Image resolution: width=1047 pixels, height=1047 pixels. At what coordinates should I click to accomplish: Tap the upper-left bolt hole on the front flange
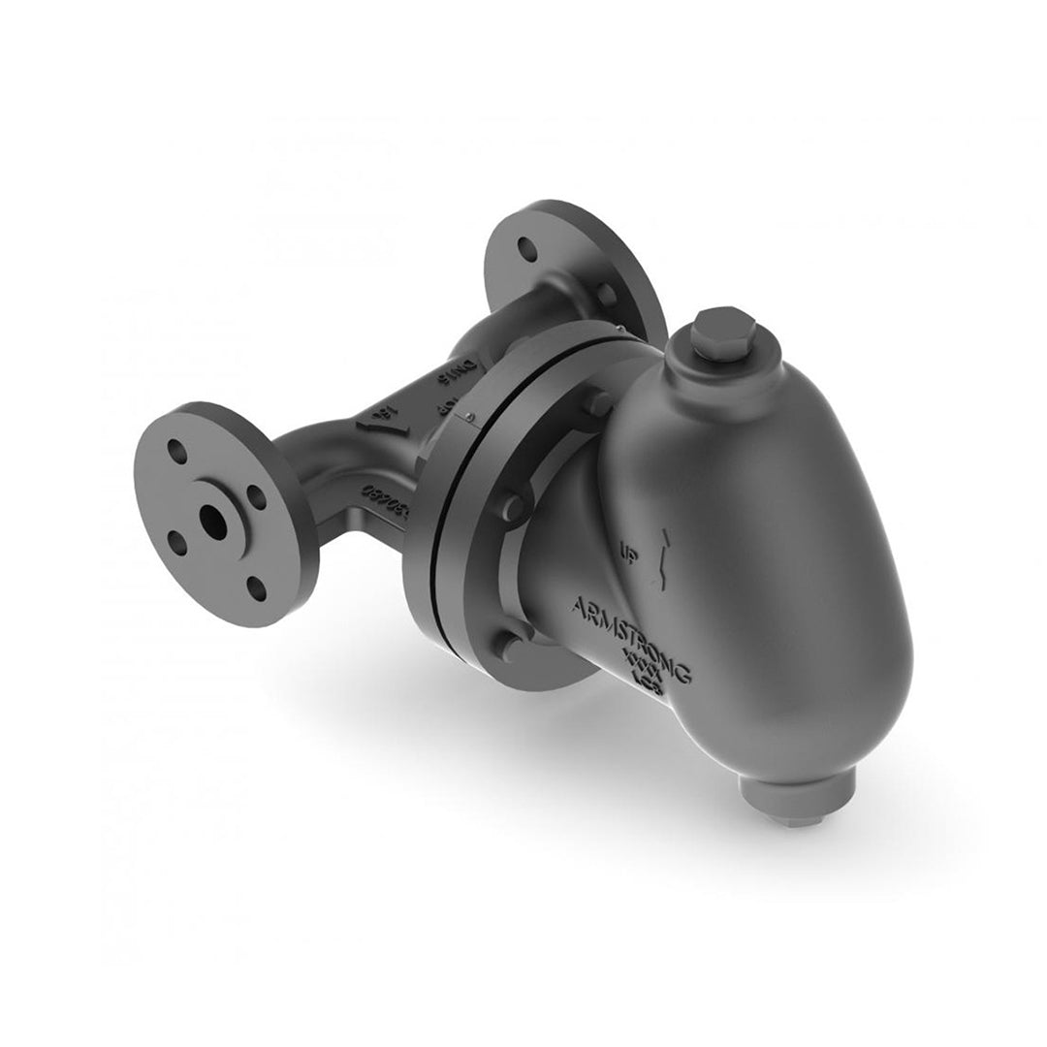tap(176, 451)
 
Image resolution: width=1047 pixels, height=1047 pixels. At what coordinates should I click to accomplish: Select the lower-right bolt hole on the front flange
tap(254, 585)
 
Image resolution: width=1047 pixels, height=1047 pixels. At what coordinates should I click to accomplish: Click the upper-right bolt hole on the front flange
tap(255, 494)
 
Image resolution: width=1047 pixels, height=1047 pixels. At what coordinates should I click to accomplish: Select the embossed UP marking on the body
tap(627, 554)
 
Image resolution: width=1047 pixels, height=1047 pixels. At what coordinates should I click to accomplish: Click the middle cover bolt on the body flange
tap(514, 505)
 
